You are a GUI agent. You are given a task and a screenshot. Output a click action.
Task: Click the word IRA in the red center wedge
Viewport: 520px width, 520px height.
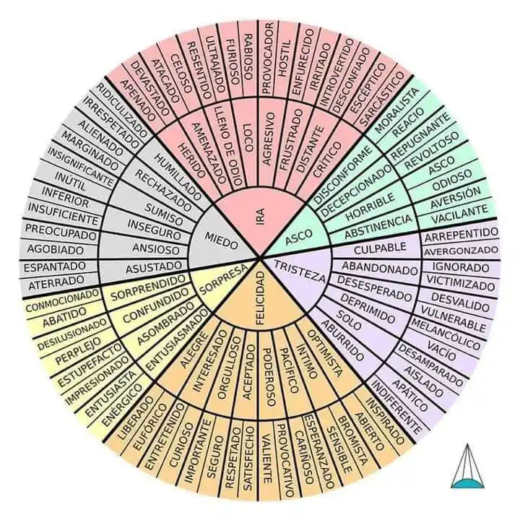pyautogui.click(x=260, y=217)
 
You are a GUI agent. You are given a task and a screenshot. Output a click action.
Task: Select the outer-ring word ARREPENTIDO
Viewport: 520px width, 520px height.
pyautogui.click(x=460, y=233)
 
